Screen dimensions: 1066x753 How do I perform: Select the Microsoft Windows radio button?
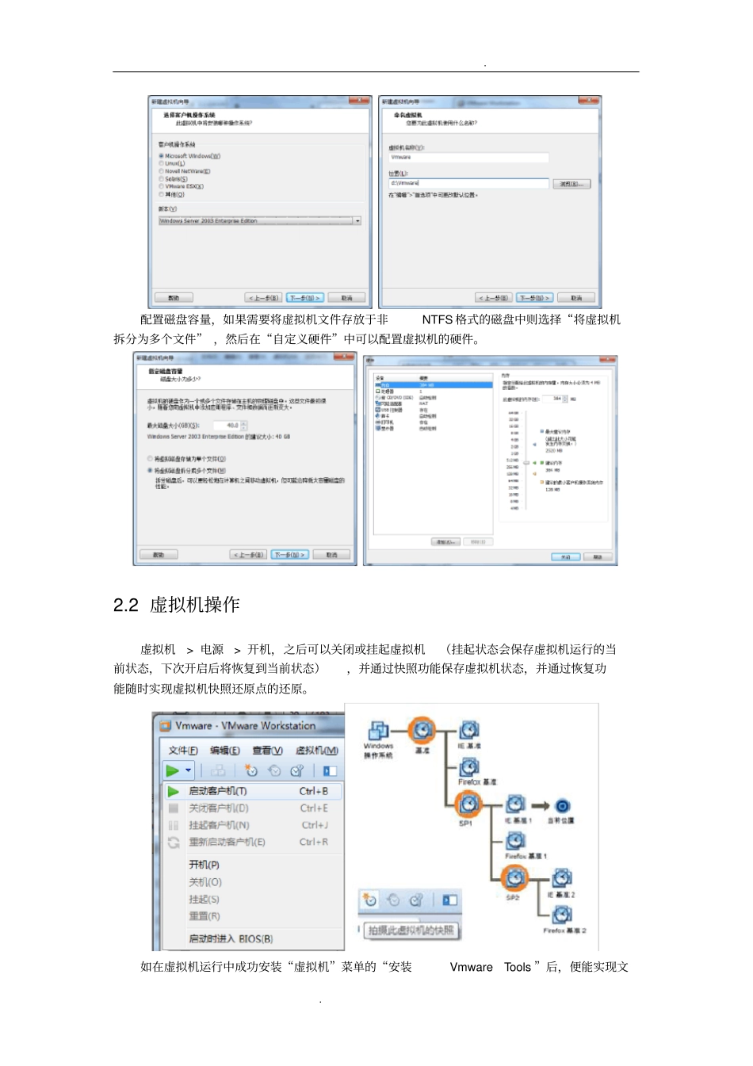point(162,156)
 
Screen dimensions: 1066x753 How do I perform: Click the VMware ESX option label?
point(184,186)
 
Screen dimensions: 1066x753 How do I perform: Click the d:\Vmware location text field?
point(468,183)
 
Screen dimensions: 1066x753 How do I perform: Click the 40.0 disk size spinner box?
point(231,426)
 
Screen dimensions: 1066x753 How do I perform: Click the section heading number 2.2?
point(126,606)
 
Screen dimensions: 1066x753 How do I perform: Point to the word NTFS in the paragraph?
point(438,319)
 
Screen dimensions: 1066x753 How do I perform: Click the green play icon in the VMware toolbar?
point(172,770)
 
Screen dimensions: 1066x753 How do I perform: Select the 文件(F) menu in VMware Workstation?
point(183,751)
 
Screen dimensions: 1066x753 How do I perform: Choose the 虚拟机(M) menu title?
point(317,751)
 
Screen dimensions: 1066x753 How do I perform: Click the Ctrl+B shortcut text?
point(314,791)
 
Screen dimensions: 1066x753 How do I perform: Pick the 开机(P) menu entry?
point(204,865)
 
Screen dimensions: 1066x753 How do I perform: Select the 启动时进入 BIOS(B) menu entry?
point(231,938)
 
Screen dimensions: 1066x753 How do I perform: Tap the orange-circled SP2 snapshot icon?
point(514,877)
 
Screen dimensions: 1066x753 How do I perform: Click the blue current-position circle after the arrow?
point(563,806)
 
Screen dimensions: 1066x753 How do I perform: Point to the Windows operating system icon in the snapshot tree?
point(378,731)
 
